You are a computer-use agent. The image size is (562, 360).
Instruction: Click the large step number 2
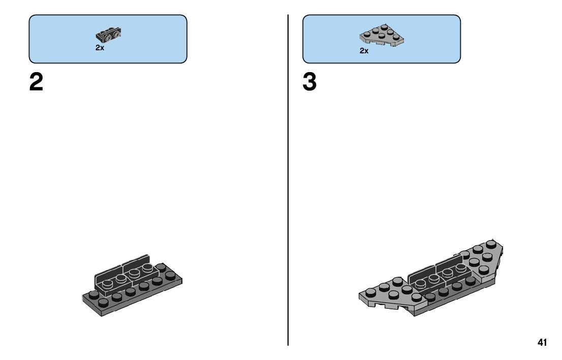(x=36, y=82)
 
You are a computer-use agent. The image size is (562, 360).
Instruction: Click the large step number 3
(x=309, y=82)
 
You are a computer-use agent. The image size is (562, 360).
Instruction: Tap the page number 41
(x=542, y=343)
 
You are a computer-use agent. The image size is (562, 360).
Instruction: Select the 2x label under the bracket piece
(x=100, y=48)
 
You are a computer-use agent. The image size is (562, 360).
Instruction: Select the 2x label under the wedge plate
(x=364, y=51)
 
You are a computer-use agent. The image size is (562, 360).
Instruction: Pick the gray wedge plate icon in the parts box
(x=381, y=36)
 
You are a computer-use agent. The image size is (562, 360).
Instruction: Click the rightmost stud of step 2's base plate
(x=170, y=274)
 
